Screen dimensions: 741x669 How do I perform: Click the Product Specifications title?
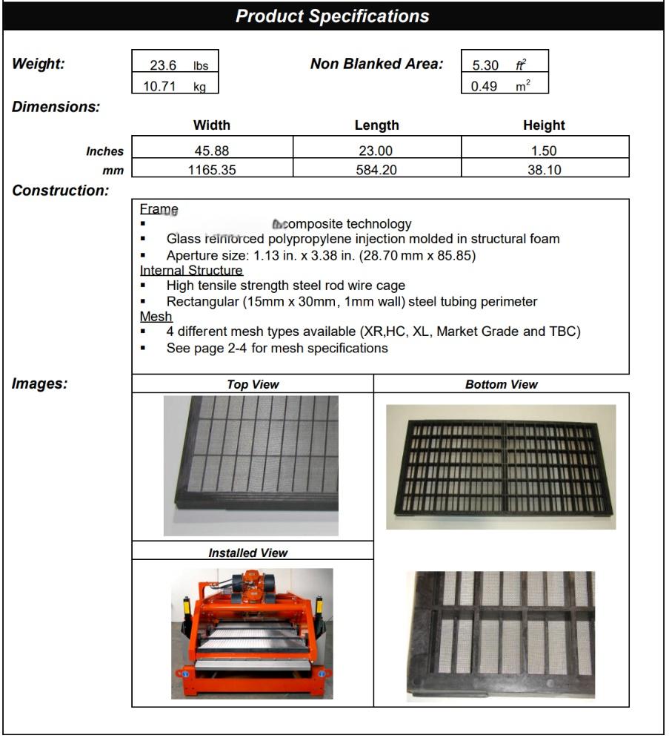coord(332,16)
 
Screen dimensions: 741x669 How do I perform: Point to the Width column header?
coord(211,125)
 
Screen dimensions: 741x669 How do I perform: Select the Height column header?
coord(544,125)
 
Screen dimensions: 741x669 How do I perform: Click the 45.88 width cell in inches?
coord(212,151)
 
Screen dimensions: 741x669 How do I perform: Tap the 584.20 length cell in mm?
coord(376,170)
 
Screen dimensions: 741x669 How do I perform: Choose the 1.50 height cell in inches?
coord(544,151)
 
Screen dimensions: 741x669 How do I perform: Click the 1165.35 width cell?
coord(212,170)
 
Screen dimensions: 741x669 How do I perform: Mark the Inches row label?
coord(104,151)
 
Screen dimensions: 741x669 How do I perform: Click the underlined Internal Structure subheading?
coord(191,271)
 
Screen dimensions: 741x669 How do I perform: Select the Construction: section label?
coord(61,191)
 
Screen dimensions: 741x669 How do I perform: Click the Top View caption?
coord(253,384)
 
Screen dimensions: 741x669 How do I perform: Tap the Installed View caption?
coord(247,553)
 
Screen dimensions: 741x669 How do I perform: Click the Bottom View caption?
coord(502,384)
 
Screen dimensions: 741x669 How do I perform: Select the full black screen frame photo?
coord(501,467)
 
